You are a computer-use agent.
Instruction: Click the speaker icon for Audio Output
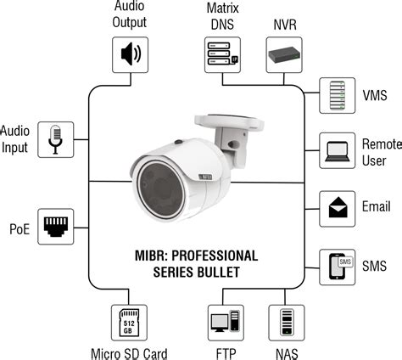(130, 55)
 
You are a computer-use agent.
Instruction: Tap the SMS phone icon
(337, 266)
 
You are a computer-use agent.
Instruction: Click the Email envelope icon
(337, 206)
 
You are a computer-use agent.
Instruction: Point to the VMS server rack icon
(337, 95)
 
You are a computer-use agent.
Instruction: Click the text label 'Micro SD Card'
(130, 352)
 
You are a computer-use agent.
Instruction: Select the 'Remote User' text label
(381, 151)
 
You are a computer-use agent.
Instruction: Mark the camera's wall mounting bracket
(246, 131)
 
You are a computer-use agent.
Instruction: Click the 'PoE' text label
(20, 228)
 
